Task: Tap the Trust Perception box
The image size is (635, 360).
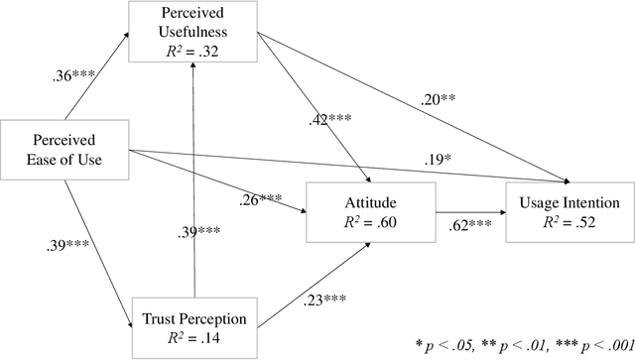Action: pos(193,328)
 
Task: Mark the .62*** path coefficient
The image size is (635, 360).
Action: pos(471,227)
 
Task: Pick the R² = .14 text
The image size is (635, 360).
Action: pos(193,338)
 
